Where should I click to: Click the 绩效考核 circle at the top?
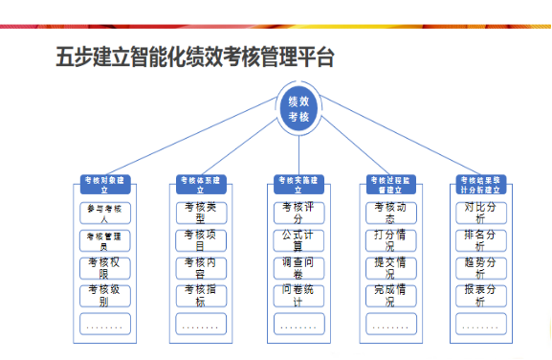[298, 107]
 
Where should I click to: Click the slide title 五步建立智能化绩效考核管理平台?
[195, 56]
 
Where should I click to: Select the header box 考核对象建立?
[104, 184]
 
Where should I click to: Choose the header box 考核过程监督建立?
[392, 184]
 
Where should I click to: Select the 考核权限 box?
[104, 268]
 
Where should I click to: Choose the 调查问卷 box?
[298, 268]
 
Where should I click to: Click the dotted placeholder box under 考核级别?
[104, 324]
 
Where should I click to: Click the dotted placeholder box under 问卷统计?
[298, 324]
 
